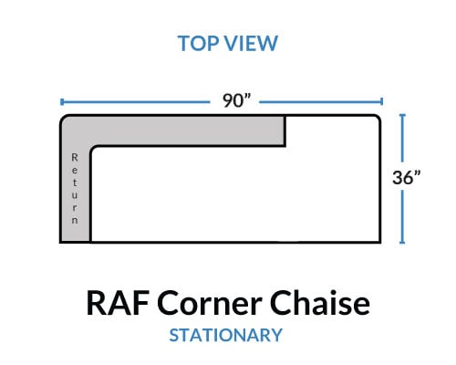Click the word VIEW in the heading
pyautogui.click(x=252, y=44)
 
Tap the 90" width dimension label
pyautogui.click(x=236, y=100)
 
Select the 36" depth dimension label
pyautogui.click(x=406, y=177)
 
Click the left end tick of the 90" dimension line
pyautogui.click(x=62, y=102)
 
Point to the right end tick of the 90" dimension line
pyautogui.click(x=381, y=102)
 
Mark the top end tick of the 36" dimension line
pyautogui.click(x=402, y=115)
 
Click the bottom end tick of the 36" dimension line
pyautogui.click(x=402, y=243)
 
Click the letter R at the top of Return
pyautogui.click(x=75, y=158)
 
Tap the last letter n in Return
pyautogui.click(x=75, y=220)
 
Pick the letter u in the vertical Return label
pyautogui.click(x=75, y=195)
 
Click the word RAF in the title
pyautogui.click(x=118, y=303)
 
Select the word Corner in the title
pyautogui.click(x=210, y=303)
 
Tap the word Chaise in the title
pyautogui.click(x=320, y=303)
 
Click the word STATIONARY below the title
pyautogui.click(x=226, y=335)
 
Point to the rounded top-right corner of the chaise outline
pyautogui.click(x=377, y=119)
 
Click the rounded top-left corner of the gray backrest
pyautogui.click(x=64, y=119)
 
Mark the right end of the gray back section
pyautogui.click(x=285, y=131)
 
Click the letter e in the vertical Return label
pyautogui.click(x=75, y=171)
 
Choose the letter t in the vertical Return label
pyautogui.click(x=75, y=182)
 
